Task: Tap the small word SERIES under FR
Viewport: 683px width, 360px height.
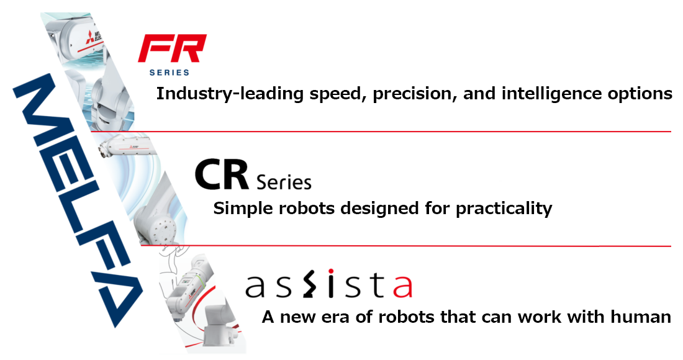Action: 169,73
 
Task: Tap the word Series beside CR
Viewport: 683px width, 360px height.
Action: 284,182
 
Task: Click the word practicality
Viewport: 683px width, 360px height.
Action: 504,209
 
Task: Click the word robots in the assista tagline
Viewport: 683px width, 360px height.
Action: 384,317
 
